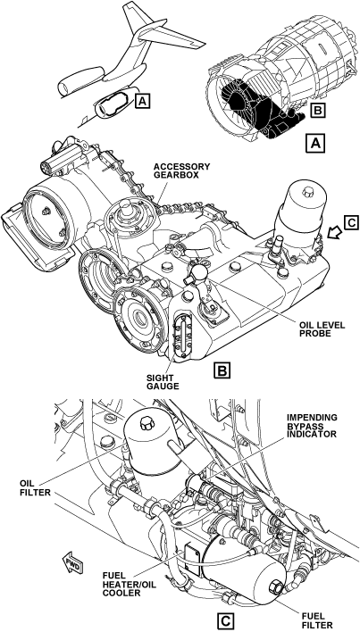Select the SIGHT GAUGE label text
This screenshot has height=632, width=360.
click(x=163, y=382)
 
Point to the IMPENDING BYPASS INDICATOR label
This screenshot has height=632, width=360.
click(x=312, y=426)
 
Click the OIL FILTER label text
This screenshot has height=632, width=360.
click(x=35, y=487)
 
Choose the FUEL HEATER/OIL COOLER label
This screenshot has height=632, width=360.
click(x=121, y=585)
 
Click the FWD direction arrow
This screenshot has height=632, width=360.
click(x=73, y=562)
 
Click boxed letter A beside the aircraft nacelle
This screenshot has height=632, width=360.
click(x=143, y=101)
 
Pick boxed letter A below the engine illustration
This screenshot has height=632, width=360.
click(x=315, y=143)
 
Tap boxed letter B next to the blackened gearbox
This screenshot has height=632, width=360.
click(x=318, y=110)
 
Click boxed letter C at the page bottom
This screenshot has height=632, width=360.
click(x=224, y=621)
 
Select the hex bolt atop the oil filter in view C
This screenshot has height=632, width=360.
click(x=147, y=424)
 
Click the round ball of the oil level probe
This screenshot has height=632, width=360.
click(x=198, y=273)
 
